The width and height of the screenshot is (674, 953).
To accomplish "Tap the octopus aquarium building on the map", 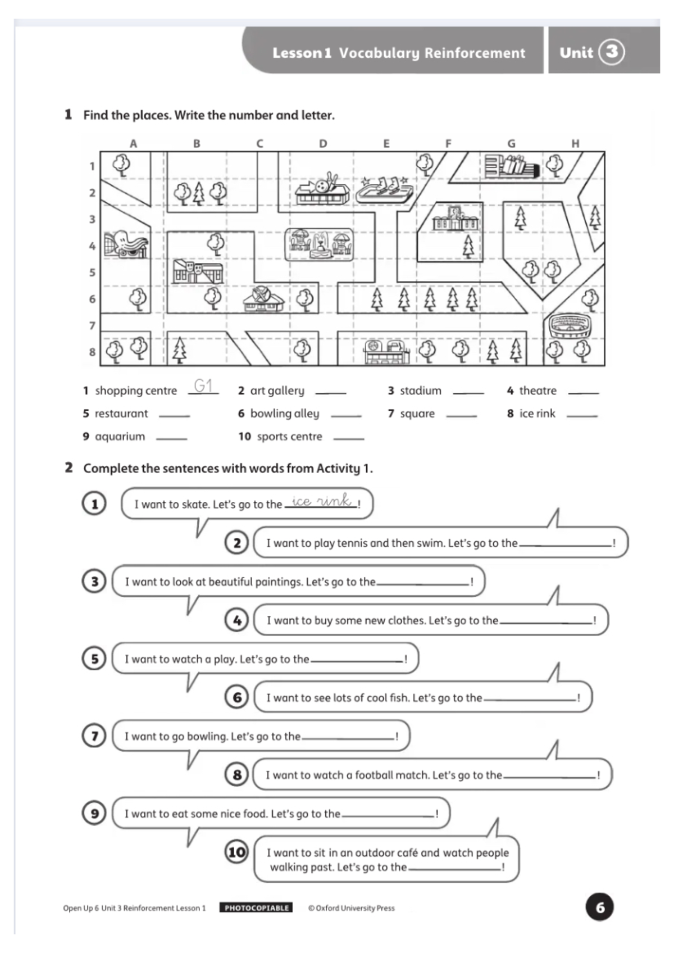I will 126,244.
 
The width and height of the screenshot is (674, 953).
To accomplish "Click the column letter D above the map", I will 323,144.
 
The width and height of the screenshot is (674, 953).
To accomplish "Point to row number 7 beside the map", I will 92,325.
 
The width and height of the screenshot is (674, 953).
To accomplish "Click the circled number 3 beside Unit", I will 611,52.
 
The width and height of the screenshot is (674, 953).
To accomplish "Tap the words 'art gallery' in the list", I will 277,391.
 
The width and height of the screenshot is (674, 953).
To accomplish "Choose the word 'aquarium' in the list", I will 120,437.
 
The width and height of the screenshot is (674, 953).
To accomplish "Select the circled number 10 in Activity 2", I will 236,852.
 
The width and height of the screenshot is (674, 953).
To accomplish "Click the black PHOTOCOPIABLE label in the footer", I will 256,907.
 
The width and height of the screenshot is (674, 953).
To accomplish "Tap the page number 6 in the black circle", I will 599,907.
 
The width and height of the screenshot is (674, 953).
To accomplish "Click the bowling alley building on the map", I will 322,190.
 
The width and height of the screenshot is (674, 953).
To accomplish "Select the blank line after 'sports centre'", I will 349,438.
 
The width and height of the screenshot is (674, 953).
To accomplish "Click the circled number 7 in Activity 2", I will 94,736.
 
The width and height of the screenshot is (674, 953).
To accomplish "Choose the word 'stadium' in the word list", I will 420,391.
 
